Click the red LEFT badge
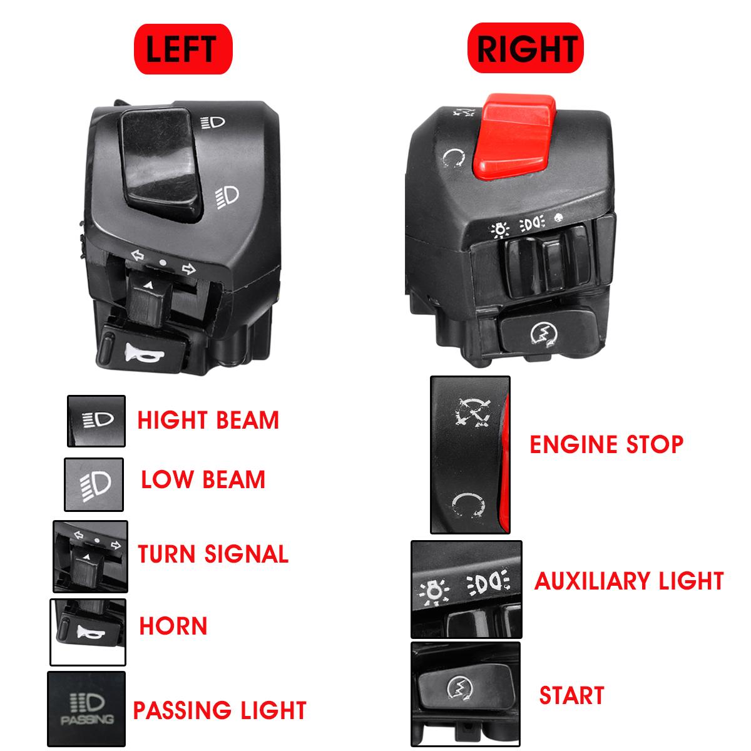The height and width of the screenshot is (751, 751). [183, 49]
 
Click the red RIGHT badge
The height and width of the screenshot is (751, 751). [525, 48]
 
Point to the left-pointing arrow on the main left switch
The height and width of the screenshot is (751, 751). [137, 256]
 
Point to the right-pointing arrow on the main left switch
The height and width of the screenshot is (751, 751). [188, 268]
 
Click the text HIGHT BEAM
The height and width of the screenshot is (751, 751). [208, 420]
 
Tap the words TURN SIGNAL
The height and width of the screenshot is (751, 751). [213, 554]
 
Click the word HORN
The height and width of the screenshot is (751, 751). [173, 625]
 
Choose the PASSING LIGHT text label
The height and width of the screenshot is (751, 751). [220, 710]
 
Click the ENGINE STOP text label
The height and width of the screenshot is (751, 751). [606, 444]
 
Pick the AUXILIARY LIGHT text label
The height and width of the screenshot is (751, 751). [629, 581]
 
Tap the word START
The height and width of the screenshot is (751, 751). [572, 695]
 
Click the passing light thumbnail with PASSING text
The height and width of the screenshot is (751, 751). [86, 709]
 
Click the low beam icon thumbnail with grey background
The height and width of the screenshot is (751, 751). [94, 484]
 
